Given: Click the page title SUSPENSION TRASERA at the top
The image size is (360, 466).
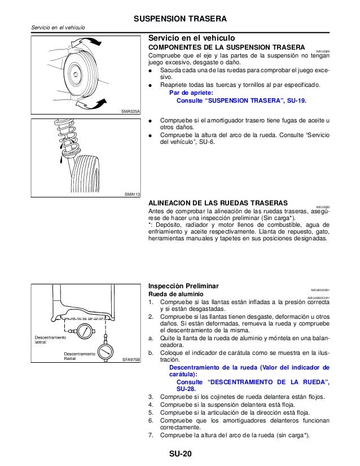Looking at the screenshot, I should click(x=179, y=19).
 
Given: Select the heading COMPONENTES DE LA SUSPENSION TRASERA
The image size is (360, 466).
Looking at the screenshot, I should click(x=226, y=47).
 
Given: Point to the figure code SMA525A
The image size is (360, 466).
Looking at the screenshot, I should click(x=130, y=112).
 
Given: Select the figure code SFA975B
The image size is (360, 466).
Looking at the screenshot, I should click(x=130, y=359).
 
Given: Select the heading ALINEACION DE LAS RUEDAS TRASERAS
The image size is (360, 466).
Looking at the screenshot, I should click(x=217, y=202).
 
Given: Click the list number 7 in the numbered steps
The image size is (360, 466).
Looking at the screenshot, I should click(x=150, y=435).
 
